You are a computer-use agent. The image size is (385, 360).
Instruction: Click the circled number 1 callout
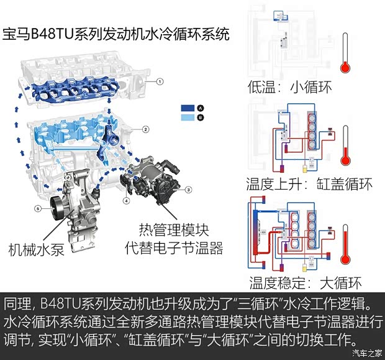[160, 81]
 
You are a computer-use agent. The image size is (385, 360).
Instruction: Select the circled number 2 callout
[145, 129]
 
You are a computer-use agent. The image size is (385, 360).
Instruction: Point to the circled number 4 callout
[127, 200]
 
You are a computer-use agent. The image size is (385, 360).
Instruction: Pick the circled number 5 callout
[37, 209]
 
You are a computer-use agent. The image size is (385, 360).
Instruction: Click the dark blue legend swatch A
[188, 108]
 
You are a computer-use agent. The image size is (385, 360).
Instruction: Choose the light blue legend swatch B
[188, 117]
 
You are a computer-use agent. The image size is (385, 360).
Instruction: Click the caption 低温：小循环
[289, 86]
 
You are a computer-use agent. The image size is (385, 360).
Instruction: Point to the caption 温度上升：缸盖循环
[309, 185]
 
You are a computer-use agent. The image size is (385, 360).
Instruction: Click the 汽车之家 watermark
[365, 353]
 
